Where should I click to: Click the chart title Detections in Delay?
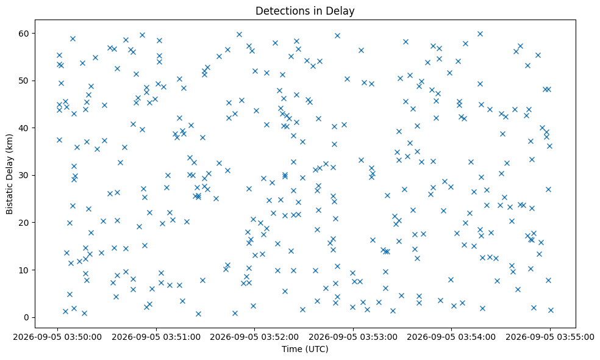[x=305, y=11]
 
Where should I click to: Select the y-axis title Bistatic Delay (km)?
[x=10, y=174]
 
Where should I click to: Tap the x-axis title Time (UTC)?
[x=305, y=349]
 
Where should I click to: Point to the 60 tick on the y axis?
[x=24, y=34]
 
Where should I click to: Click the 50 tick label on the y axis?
[x=24, y=81]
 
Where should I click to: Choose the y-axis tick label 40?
[x=24, y=128]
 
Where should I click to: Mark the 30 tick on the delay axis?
[x=24, y=175]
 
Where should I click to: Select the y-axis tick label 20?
[x=24, y=223]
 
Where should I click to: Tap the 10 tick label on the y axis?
[x=24, y=270]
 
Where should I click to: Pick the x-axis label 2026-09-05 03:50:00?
[x=57, y=337]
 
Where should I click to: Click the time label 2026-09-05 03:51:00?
[x=156, y=337]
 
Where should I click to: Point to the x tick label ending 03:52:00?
[x=254, y=337]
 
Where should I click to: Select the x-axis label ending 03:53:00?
[x=353, y=337]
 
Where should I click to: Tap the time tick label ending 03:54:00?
[x=452, y=337]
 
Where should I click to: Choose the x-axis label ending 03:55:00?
[x=550, y=337]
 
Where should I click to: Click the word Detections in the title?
[x=277, y=11]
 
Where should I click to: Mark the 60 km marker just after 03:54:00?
[x=480, y=34]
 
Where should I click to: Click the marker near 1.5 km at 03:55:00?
[x=551, y=310]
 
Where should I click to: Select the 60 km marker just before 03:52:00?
[x=239, y=34]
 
